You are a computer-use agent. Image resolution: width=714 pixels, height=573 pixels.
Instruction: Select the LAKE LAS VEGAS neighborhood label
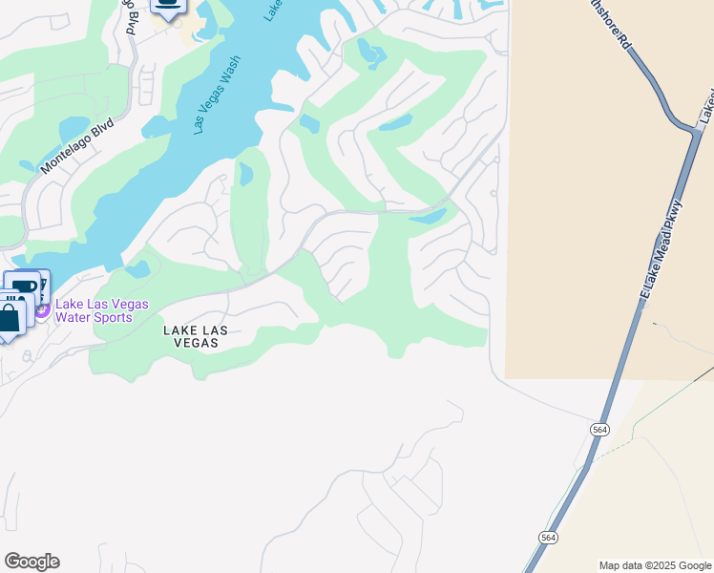click(195, 337)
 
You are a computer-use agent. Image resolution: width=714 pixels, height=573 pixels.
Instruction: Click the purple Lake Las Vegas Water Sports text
click(101, 310)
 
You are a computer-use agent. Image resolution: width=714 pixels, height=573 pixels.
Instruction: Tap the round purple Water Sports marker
click(42, 310)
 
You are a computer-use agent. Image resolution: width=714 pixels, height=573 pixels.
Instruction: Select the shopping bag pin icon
click(9, 317)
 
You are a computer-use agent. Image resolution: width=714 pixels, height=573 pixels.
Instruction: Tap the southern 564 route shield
click(547, 538)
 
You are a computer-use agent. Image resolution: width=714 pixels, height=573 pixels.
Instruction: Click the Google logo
click(31, 562)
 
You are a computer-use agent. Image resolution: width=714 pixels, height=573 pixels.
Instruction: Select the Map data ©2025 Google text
click(655, 565)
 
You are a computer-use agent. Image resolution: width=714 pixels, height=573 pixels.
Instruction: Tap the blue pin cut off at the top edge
click(169, 8)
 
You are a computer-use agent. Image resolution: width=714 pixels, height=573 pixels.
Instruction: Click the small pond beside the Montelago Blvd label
click(74, 128)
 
